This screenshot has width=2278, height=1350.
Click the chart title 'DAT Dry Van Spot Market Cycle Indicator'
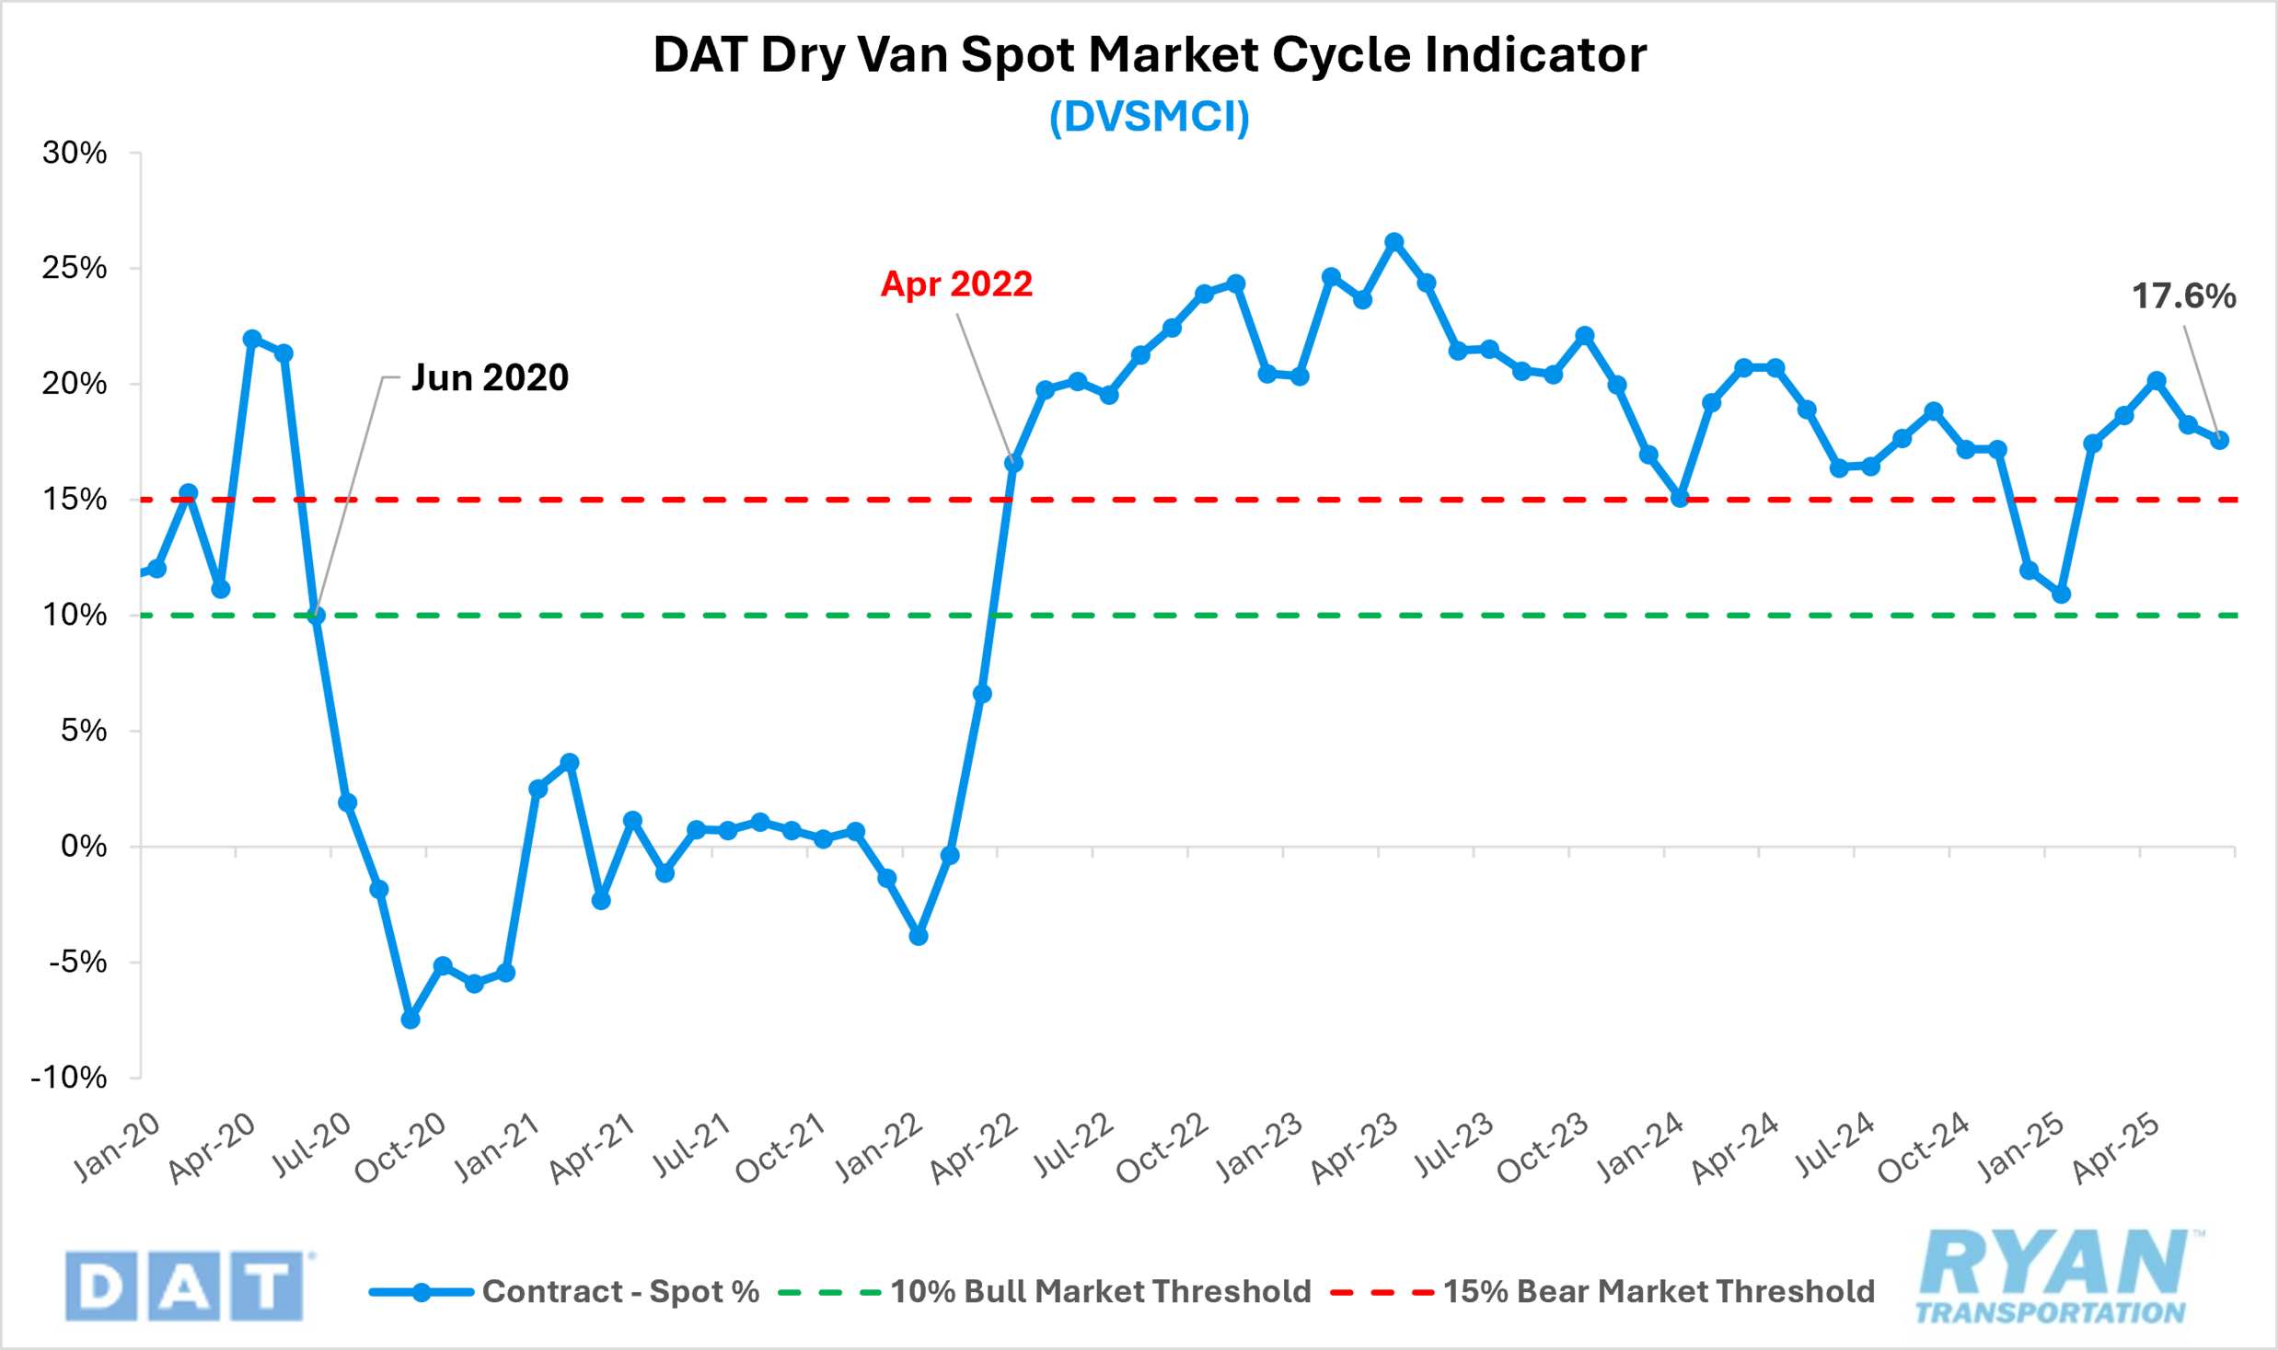tap(1149, 55)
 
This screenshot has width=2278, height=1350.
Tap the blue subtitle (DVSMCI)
tap(1149, 117)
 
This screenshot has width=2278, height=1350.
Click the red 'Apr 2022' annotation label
tap(956, 284)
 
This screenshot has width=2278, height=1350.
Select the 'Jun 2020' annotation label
tap(490, 378)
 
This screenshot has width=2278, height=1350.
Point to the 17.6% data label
tap(2183, 296)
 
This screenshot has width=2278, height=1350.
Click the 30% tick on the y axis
tap(75, 153)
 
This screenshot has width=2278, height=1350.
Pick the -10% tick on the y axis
tap(69, 1078)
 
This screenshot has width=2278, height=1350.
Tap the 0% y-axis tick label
tap(84, 847)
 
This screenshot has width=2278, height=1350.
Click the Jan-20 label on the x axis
tap(118, 1147)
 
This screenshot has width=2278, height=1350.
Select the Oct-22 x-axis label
tap(1162, 1148)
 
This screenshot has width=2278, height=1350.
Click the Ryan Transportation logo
tap(2056, 1276)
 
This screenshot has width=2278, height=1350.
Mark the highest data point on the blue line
tap(1394, 242)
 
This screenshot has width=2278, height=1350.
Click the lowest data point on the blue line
tap(411, 1020)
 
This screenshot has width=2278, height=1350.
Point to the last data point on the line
tap(2219, 440)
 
